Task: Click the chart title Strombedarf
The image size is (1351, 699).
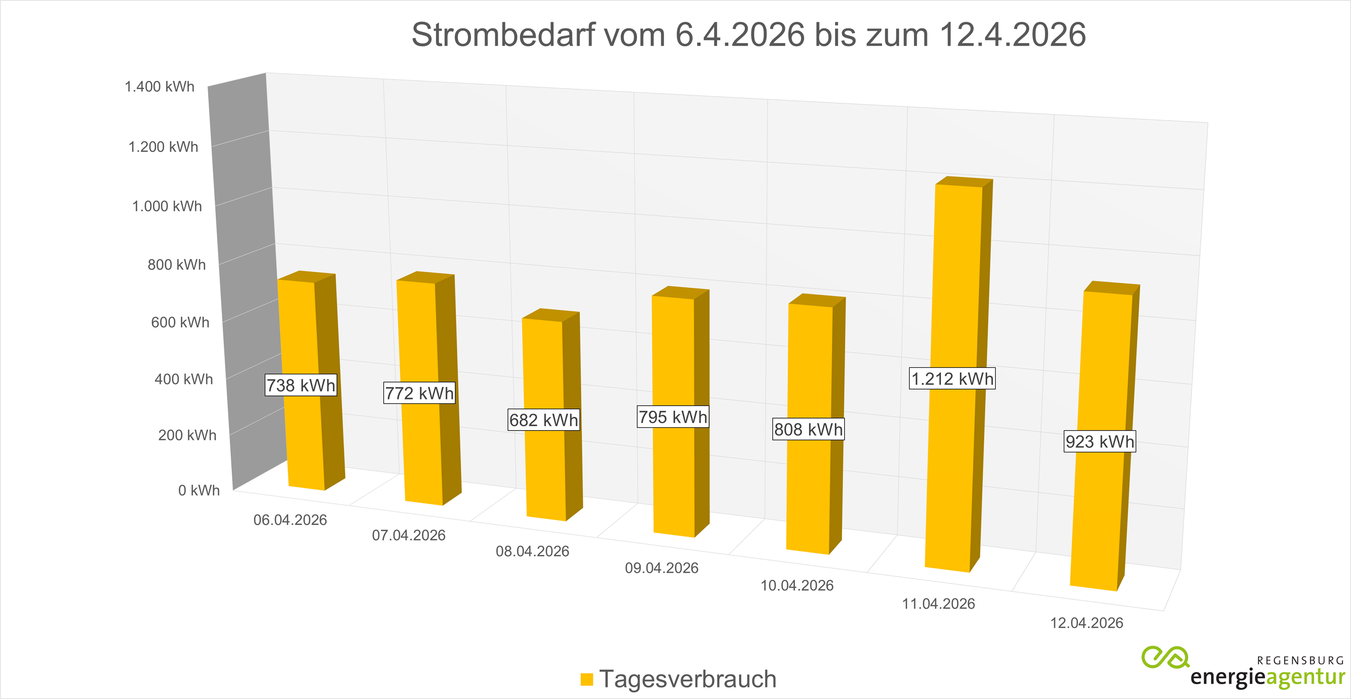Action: point(748,35)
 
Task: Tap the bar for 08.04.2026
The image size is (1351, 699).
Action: point(544,472)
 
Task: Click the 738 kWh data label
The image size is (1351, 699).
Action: point(300,385)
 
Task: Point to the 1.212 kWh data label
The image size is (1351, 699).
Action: point(952,378)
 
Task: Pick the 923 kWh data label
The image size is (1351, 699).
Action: point(1100,442)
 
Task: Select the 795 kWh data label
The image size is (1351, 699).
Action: point(673,417)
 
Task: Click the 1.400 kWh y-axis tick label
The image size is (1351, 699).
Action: point(159,86)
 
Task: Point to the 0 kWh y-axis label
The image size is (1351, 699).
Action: point(199,490)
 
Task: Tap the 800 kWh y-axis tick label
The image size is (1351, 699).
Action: point(176,265)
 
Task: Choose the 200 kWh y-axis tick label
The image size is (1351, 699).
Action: point(187,435)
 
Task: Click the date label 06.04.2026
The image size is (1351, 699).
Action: point(290,520)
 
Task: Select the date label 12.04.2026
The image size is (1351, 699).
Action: point(1086,623)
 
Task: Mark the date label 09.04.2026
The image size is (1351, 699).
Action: point(661,568)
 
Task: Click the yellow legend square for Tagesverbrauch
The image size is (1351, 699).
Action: point(587,679)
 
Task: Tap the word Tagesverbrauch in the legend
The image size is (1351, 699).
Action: point(688,679)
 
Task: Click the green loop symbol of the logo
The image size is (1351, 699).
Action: point(1165,657)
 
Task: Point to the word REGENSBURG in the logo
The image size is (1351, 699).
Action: point(1300,661)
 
